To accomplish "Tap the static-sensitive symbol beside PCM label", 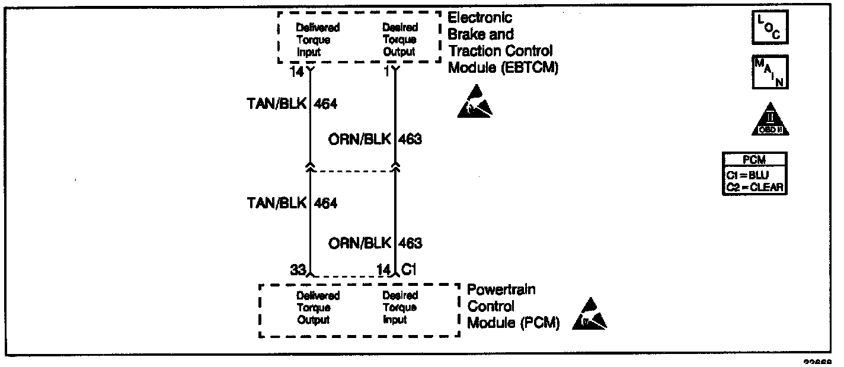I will coord(590,315).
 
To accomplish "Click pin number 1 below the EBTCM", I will coord(387,72).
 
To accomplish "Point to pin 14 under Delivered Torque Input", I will coord(297,72).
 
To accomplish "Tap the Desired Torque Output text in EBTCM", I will coord(400,40).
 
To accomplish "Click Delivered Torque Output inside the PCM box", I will coord(318,308).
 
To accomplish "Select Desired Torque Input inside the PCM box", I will coord(400,308).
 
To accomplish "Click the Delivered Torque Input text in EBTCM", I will coord(318,40).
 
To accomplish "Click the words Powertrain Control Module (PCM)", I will coord(513,307).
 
